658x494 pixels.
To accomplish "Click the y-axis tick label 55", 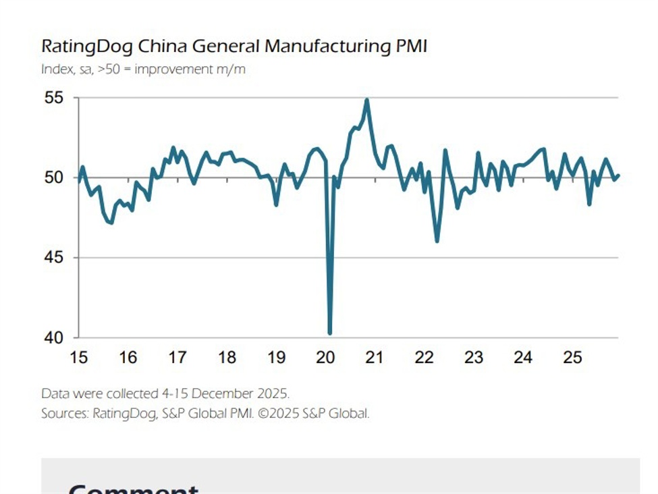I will coord(53,98).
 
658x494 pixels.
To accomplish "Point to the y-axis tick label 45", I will coord(53,258).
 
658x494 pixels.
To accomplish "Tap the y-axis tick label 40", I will coord(53,337).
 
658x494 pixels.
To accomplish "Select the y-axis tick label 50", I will coord(53,178).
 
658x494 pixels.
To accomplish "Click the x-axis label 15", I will coord(78,358).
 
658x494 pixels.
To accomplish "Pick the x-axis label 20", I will coord(325,358).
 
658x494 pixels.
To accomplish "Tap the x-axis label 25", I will coord(572,358).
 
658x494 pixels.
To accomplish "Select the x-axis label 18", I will coord(227,358).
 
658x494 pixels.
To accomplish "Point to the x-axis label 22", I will coord(424,358).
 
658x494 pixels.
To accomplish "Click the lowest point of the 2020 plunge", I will coord(329,333).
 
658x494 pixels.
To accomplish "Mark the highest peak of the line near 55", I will coord(366,100).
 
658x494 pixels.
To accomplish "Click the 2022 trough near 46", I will coord(437,241).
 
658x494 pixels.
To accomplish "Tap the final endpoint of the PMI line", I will coord(618,175).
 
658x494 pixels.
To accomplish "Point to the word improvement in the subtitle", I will coord(165,69).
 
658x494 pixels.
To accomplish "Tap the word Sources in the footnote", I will coord(64,414).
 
